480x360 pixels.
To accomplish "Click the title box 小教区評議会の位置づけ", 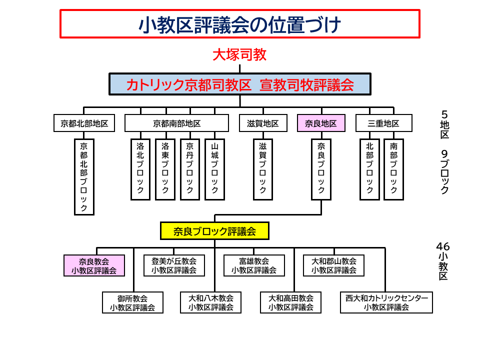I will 239,23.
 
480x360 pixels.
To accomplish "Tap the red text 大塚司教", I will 239,54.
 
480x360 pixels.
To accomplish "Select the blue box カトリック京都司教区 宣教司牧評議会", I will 239,84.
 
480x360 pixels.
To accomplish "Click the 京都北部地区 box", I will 84,123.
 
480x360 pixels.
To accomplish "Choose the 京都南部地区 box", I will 177,123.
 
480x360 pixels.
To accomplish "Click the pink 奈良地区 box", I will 321,123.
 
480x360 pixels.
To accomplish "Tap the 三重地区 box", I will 383,123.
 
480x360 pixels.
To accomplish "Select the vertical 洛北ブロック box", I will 140,169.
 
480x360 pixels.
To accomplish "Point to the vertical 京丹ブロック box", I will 189,169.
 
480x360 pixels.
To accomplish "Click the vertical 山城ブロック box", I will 214,169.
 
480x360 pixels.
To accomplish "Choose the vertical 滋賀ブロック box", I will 262,169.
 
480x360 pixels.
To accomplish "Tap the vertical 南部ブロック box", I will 393,169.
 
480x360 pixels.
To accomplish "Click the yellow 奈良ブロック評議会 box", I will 214,231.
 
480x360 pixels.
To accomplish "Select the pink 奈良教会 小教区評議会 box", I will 94,265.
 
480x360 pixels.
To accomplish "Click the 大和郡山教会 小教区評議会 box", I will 333,265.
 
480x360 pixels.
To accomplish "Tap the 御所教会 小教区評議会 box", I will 132,302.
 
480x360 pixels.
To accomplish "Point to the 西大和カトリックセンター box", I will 386,302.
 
